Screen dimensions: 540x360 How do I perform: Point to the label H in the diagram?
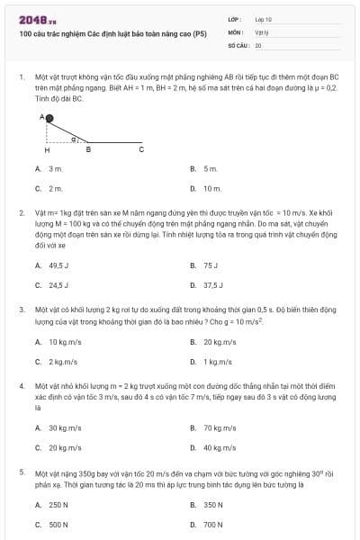tap(47, 149)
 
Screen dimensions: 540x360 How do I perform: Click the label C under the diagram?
tap(140, 149)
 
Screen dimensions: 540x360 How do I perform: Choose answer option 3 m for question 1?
tap(55, 168)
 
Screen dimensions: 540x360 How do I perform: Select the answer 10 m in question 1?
tap(211, 188)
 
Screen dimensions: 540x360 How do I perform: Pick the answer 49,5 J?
tap(58, 265)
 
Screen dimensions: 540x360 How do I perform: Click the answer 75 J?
tap(211, 265)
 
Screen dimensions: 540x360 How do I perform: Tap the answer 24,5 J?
tap(58, 285)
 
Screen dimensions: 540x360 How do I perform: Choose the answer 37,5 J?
tap(213, 285)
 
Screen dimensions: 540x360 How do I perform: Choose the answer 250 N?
tap(58, 504)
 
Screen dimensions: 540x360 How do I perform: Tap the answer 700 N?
tap(212, 524)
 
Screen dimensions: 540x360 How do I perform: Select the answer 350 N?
tap(212, 504)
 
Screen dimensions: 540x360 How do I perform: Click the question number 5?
tap(22, 471)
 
